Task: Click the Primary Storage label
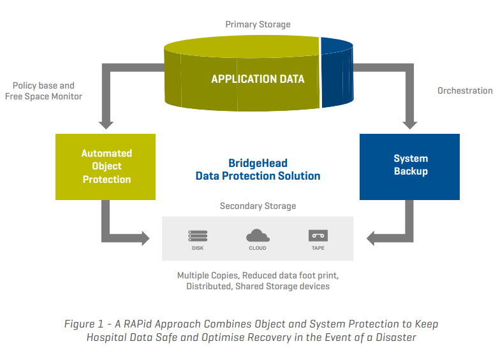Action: (258, 24)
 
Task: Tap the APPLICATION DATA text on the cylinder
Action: (258, 79)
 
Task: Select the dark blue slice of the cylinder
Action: (337, 73)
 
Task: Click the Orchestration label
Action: (465, 90)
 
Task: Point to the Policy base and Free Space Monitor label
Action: (43, 90)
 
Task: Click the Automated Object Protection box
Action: (105, 167)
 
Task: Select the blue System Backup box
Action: (410, 167)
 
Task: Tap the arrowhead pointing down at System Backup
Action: (410, 125)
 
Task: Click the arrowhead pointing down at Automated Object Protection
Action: (106, 125)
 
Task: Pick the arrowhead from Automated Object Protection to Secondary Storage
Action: (145, 238)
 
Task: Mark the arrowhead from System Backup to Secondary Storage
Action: (370, 238)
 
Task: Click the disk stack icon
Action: (198, 236)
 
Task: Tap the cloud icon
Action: (258, 236)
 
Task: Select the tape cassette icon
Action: (318, 236)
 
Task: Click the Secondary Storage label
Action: (258, 206)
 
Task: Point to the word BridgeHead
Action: (258, 163)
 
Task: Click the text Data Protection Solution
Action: (258, 176)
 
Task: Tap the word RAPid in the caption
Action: (138, 324)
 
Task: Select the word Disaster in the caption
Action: (396, 337)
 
